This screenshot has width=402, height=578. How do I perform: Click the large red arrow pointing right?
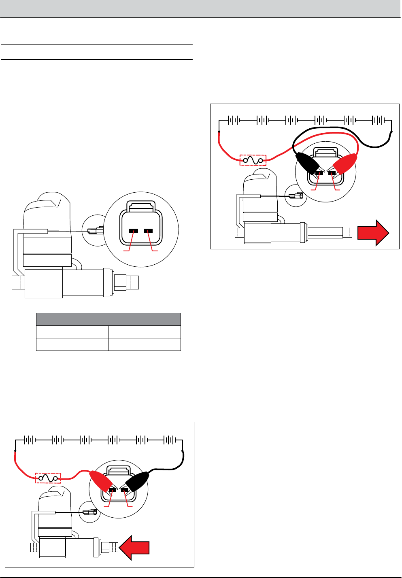(x=373, y=233)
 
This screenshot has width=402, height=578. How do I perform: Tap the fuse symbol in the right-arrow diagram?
(x=253, y=161)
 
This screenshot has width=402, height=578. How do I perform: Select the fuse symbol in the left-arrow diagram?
(x=48, y=478)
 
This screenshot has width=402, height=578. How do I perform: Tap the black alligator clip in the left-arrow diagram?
(x=137, y=482)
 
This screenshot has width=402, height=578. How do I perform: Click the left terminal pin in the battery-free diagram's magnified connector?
(x=134, y=231)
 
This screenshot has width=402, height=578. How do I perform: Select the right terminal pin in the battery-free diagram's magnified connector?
(x=149, y=231)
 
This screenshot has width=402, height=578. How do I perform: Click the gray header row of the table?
(x=108, y=319)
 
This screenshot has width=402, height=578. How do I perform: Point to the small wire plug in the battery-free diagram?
(x=96, y=231)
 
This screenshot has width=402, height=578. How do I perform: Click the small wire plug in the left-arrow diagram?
(x=89, y=512)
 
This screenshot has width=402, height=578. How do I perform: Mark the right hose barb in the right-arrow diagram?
(x=347, y=233)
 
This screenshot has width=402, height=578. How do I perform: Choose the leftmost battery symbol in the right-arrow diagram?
(x=234, y=120)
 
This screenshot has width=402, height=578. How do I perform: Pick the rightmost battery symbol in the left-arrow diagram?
(x=169, y=440)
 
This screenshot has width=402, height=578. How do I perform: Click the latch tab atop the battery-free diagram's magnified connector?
(x=140, y=206)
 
